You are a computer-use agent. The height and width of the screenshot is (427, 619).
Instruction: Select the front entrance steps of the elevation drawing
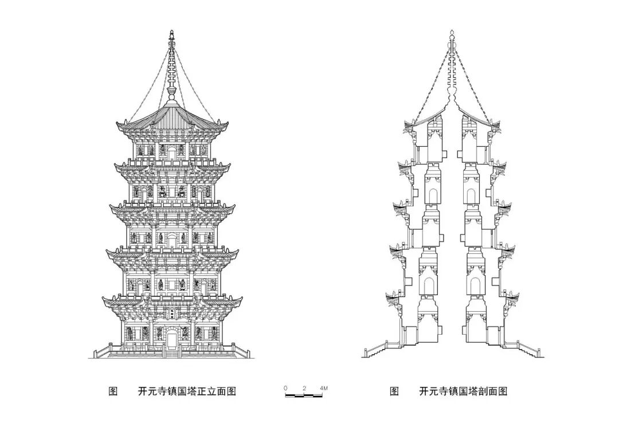[171, 353]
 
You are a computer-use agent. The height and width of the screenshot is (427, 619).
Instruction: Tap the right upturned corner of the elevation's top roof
[224, 123]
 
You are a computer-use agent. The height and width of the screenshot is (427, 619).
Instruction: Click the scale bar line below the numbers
[304, 395]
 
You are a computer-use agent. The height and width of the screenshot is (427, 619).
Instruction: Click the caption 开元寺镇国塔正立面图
[187, 391]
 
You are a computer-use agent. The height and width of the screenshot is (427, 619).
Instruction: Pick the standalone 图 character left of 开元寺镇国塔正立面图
[113, 391]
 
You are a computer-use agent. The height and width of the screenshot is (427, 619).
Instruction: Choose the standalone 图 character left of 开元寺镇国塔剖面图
[394, 391]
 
